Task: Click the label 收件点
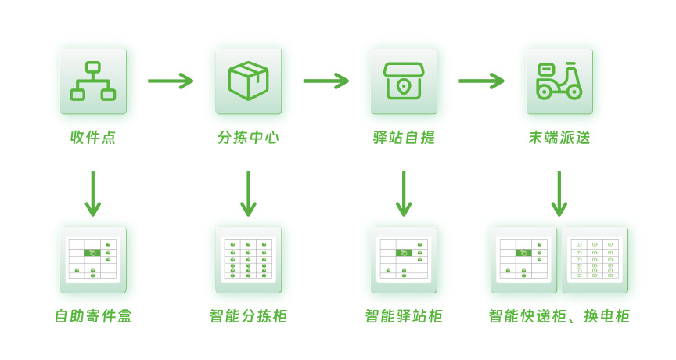[93, 138]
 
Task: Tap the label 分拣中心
[248, 138]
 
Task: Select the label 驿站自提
[404, 138]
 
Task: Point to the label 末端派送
[559, 138]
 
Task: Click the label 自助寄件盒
[93, 316]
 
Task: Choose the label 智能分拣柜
[248, 316]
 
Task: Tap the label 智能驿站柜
[404, 316]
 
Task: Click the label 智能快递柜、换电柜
[559, 316]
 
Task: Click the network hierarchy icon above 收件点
[93, 81]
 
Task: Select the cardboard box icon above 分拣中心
[248, 81]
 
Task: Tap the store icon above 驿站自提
[404, 81]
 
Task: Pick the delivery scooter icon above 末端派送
[559, 81]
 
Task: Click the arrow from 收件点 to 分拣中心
[171, 81]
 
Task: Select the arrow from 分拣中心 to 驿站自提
[325, 81]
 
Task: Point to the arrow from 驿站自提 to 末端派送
[481, 81]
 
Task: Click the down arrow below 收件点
[93, 194]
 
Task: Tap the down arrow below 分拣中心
[248, 194]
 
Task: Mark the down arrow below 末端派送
[559, 194]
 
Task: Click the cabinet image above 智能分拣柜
[248, 260]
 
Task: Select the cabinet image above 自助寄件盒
[93, 260]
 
